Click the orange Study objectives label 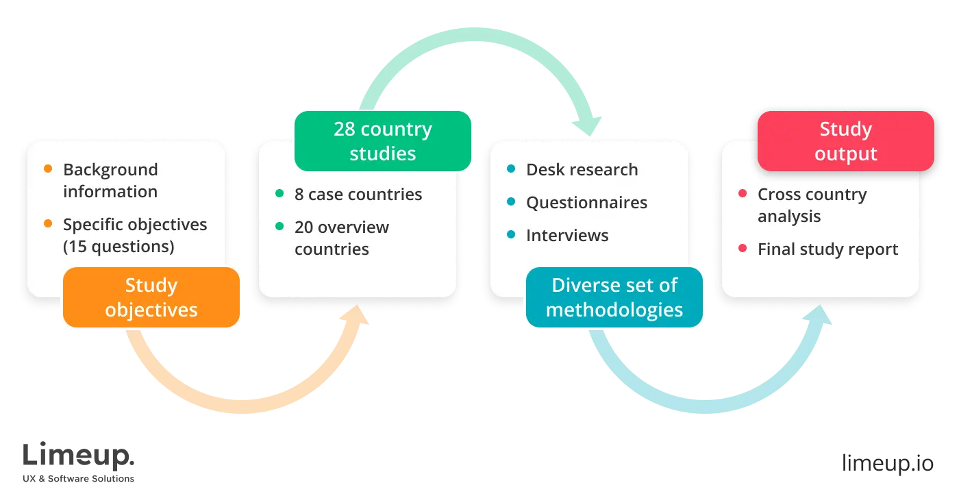click(x=151, y=297)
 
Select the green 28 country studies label click(x=382, y=141)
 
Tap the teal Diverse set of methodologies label click(x=614, y=297)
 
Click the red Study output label click(x=845, y=141)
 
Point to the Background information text click(x=110, y=180)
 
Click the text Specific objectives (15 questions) click(x=135, y=235)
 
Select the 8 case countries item click(x=358, y=194)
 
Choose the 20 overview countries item click(x=341, y=238)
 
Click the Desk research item click(x=582, y=169)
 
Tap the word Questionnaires click(x=586, y=202)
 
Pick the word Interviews click(x=567, y=235)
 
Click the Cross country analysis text click(x=812, y=205)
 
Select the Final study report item click(x=827, y=249)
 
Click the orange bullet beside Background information click(x=48, y=169)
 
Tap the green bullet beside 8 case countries click(x=279, y=194)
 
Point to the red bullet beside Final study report click(x=743, y=248)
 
